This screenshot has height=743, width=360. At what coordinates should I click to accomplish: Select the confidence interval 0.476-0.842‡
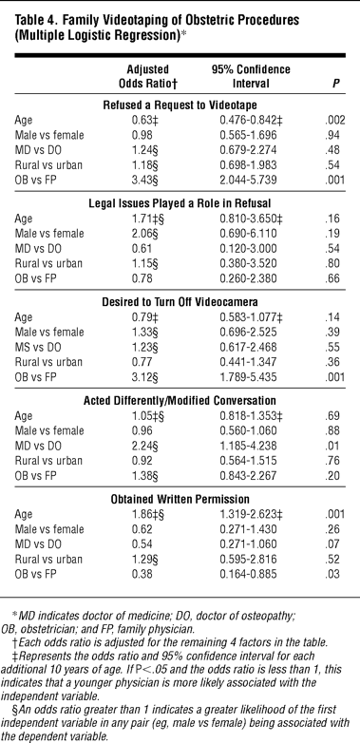pyautogui.click(x=248, y=120)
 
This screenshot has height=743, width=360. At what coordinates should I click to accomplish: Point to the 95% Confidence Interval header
pyautogui.click(x=251, y=77)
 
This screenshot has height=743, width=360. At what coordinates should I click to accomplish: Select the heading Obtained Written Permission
pyautogui.click(x=180, y=500)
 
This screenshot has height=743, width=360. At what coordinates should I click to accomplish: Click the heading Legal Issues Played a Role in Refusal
pyautogui.click(x=180, y=203)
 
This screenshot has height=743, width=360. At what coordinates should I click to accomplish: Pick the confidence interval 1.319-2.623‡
pyautogui.click(x=248, y=514)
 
